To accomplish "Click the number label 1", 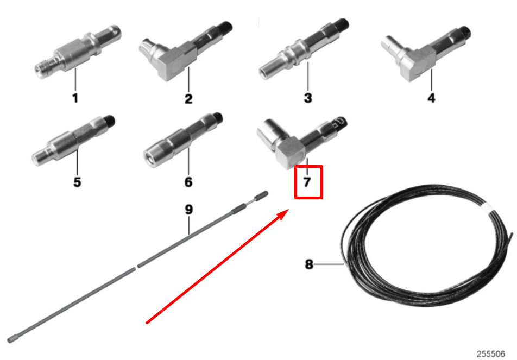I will click(75, 98).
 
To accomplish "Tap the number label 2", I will click(188, 99).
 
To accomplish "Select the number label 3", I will click(308, 98).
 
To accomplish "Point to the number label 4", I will click(431, 98).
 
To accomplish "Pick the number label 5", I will click(77, 182).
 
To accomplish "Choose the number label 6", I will click(188, 182).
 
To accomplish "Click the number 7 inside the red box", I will click(307, 182).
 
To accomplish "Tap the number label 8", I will click(309, 265).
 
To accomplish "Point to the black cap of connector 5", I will click(110, 121).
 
